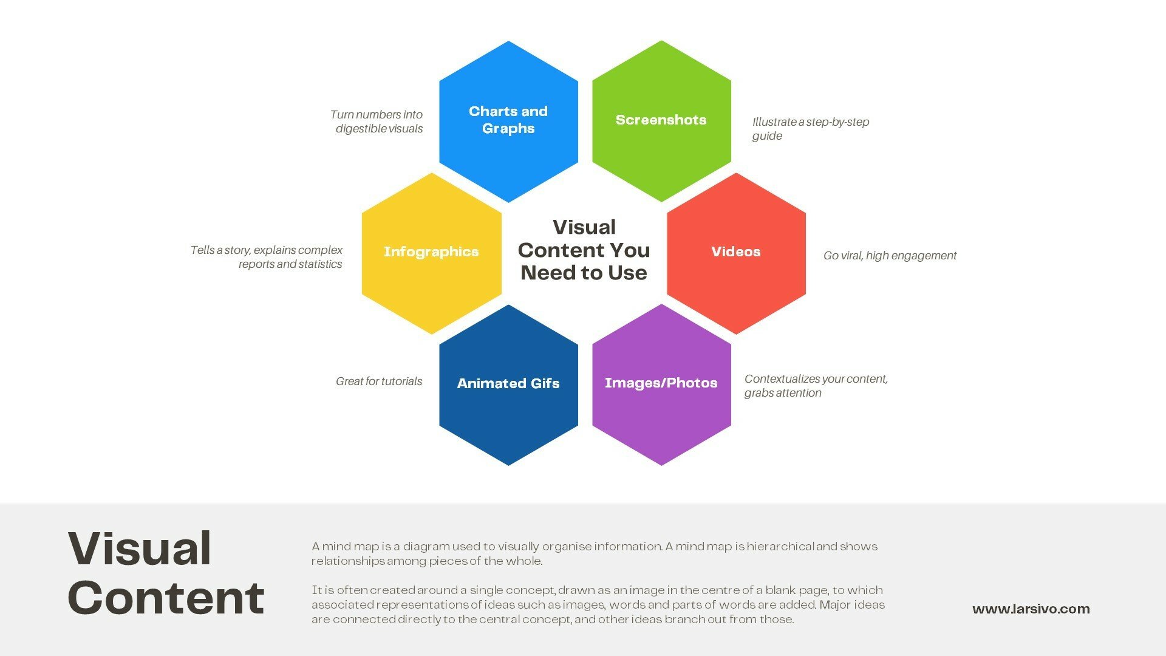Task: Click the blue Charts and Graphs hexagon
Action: (508, 121)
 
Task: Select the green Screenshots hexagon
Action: (661, 121)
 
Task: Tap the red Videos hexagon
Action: (736, 253)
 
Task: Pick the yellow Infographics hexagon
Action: (432, 253)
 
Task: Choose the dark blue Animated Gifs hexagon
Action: (508, 385)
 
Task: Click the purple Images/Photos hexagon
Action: (661, 385)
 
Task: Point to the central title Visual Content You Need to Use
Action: (584, 250)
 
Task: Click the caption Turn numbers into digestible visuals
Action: (377, 121)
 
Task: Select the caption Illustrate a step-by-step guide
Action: (811, 129)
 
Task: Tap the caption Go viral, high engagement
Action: (890, 256)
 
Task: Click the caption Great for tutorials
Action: (379, 381)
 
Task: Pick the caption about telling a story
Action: (267, 257)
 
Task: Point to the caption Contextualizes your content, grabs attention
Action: (816, 386)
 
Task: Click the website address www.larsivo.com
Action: (1031, 609)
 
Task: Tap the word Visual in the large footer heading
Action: (140, 548)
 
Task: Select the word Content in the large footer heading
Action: (166, 598)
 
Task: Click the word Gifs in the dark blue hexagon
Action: (544, 383)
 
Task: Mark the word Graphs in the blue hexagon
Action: (508, 129)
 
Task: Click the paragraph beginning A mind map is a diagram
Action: (595, 553)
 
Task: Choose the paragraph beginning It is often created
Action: (598, 604)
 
